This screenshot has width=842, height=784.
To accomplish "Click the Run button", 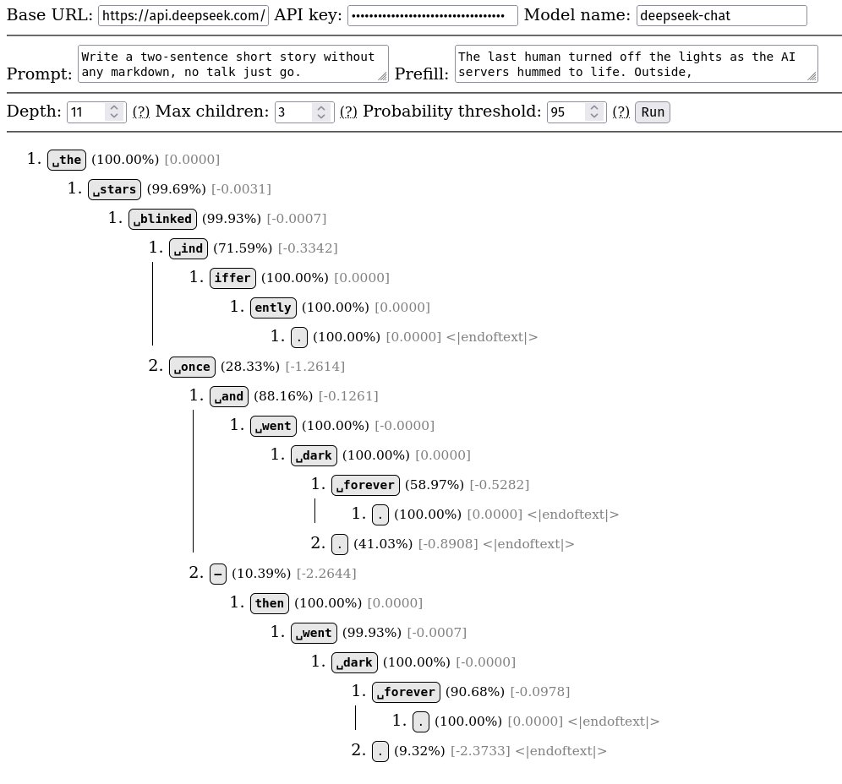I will pos(652,112).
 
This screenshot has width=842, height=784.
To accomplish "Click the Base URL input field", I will pos(183,16).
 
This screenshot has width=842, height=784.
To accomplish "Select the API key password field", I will pos(432,16).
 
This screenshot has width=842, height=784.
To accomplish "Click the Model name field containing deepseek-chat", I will pos(721,16).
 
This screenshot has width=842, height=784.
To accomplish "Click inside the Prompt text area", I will pos(232,64).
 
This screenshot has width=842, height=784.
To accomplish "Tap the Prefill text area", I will pos(636,64).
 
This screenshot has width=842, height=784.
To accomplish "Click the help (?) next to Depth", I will pos(141,112).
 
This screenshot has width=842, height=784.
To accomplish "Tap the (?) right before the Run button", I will pos(621,112).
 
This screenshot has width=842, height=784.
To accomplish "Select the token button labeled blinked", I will pos(162,219).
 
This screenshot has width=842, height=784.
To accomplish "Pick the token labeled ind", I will pos(189,248).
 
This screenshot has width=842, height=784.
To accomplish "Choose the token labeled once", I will pos(191,367).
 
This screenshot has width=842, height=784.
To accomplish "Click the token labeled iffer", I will pos(232,278).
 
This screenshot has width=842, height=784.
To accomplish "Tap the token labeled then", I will pos(270,603).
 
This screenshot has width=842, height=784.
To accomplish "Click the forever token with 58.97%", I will pos(365,485).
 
